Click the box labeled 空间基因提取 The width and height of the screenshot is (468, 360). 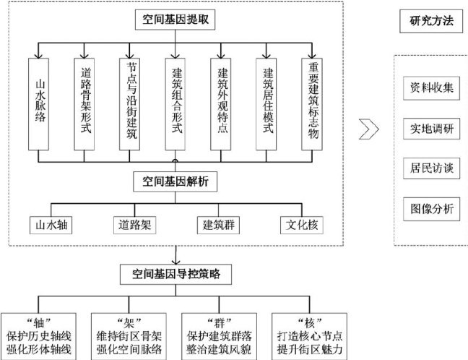[x=175, y=22]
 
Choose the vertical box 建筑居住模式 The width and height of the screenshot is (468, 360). [x=267, y=106]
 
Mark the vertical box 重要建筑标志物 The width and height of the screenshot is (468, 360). [x=312, y=106]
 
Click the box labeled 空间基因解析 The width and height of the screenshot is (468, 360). [x=175, y=181]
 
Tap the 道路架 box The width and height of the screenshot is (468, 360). [x=134, y=224]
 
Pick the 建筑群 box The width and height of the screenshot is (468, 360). [x=217, y=224]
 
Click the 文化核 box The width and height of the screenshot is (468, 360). [x=300, y=224]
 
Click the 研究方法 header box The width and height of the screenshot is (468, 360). [x=426, y=21]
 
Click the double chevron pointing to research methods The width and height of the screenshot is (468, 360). [x=369, y=129]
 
